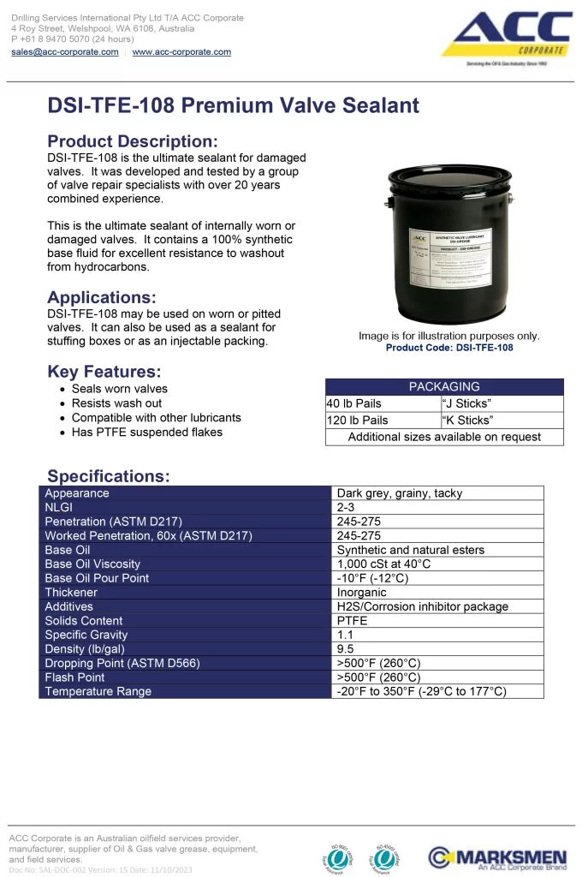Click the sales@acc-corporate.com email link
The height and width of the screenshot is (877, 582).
[x=65, y=52]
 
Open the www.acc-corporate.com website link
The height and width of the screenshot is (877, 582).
[x=181, y=52]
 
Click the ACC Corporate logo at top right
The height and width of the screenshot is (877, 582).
[x=512, y=40]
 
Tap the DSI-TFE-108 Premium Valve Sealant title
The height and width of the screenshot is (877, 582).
[x=233, y=105]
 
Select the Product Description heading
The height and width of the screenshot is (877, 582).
[x=133, y=141]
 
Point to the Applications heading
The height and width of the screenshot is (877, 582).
[x=102, y=297]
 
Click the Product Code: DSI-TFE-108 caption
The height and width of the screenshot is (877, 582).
[x=449, y=348]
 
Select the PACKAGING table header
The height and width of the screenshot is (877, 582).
[x=444, y=387]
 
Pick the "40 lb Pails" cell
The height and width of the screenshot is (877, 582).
[x=354, y=403]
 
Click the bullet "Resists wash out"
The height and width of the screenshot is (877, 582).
[x=116, y=403]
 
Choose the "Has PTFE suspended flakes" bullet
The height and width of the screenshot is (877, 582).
[x=146, y=433]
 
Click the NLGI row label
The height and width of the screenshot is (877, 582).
[x=59, y=507]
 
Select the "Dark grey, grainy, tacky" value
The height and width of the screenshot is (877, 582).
[x=399, y=493]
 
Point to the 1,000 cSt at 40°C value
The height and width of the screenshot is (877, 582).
[x=383, y=564]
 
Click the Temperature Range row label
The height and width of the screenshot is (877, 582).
[x=98, y=691]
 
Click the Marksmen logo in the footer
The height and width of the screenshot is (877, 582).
[x=497, y=857]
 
